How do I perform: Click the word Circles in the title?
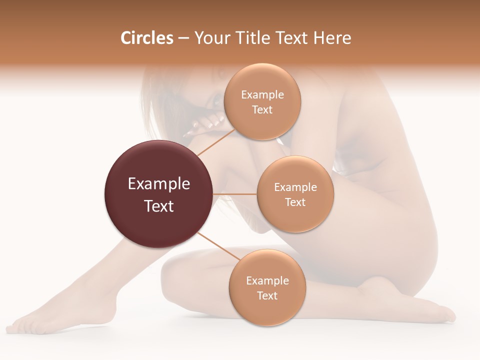[x=146, y=38]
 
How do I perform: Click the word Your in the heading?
[x=209, y=38]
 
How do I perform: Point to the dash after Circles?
[x=183, y=38]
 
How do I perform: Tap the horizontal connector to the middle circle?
[x=235, y=194]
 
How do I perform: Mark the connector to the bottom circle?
[x=218, y=246]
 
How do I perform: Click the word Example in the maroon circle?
[x=158, y=184]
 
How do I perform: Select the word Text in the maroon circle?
[x=158, y=206]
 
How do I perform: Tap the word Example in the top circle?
[x=262, y=95]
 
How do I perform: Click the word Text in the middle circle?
[x=295, y=202]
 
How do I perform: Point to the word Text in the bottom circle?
[x=267, y=295]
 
